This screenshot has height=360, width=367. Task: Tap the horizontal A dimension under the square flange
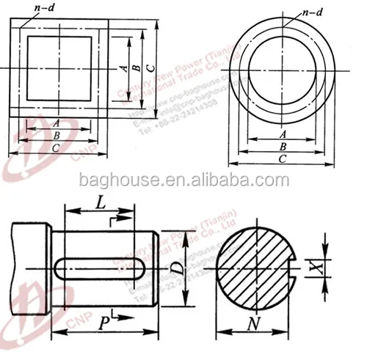pyautogui.click(x=56, y=124)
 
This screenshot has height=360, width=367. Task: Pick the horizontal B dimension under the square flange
pyautogui.click(x=56, y=136)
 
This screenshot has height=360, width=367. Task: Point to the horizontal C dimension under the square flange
pyautogui.click(x=56, y=148)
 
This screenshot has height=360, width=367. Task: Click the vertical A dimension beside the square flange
pyautogui.click(x=124, y=67)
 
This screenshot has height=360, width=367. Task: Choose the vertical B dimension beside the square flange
pyautogui.click(x=137, y=67)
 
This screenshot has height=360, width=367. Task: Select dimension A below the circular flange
pyautogui.click(x=283, y=134)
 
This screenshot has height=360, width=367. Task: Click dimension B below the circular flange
pyautogui.click(x=283, y=147)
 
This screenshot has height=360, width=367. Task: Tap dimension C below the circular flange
pyautogui.click(x=283, y=158)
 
